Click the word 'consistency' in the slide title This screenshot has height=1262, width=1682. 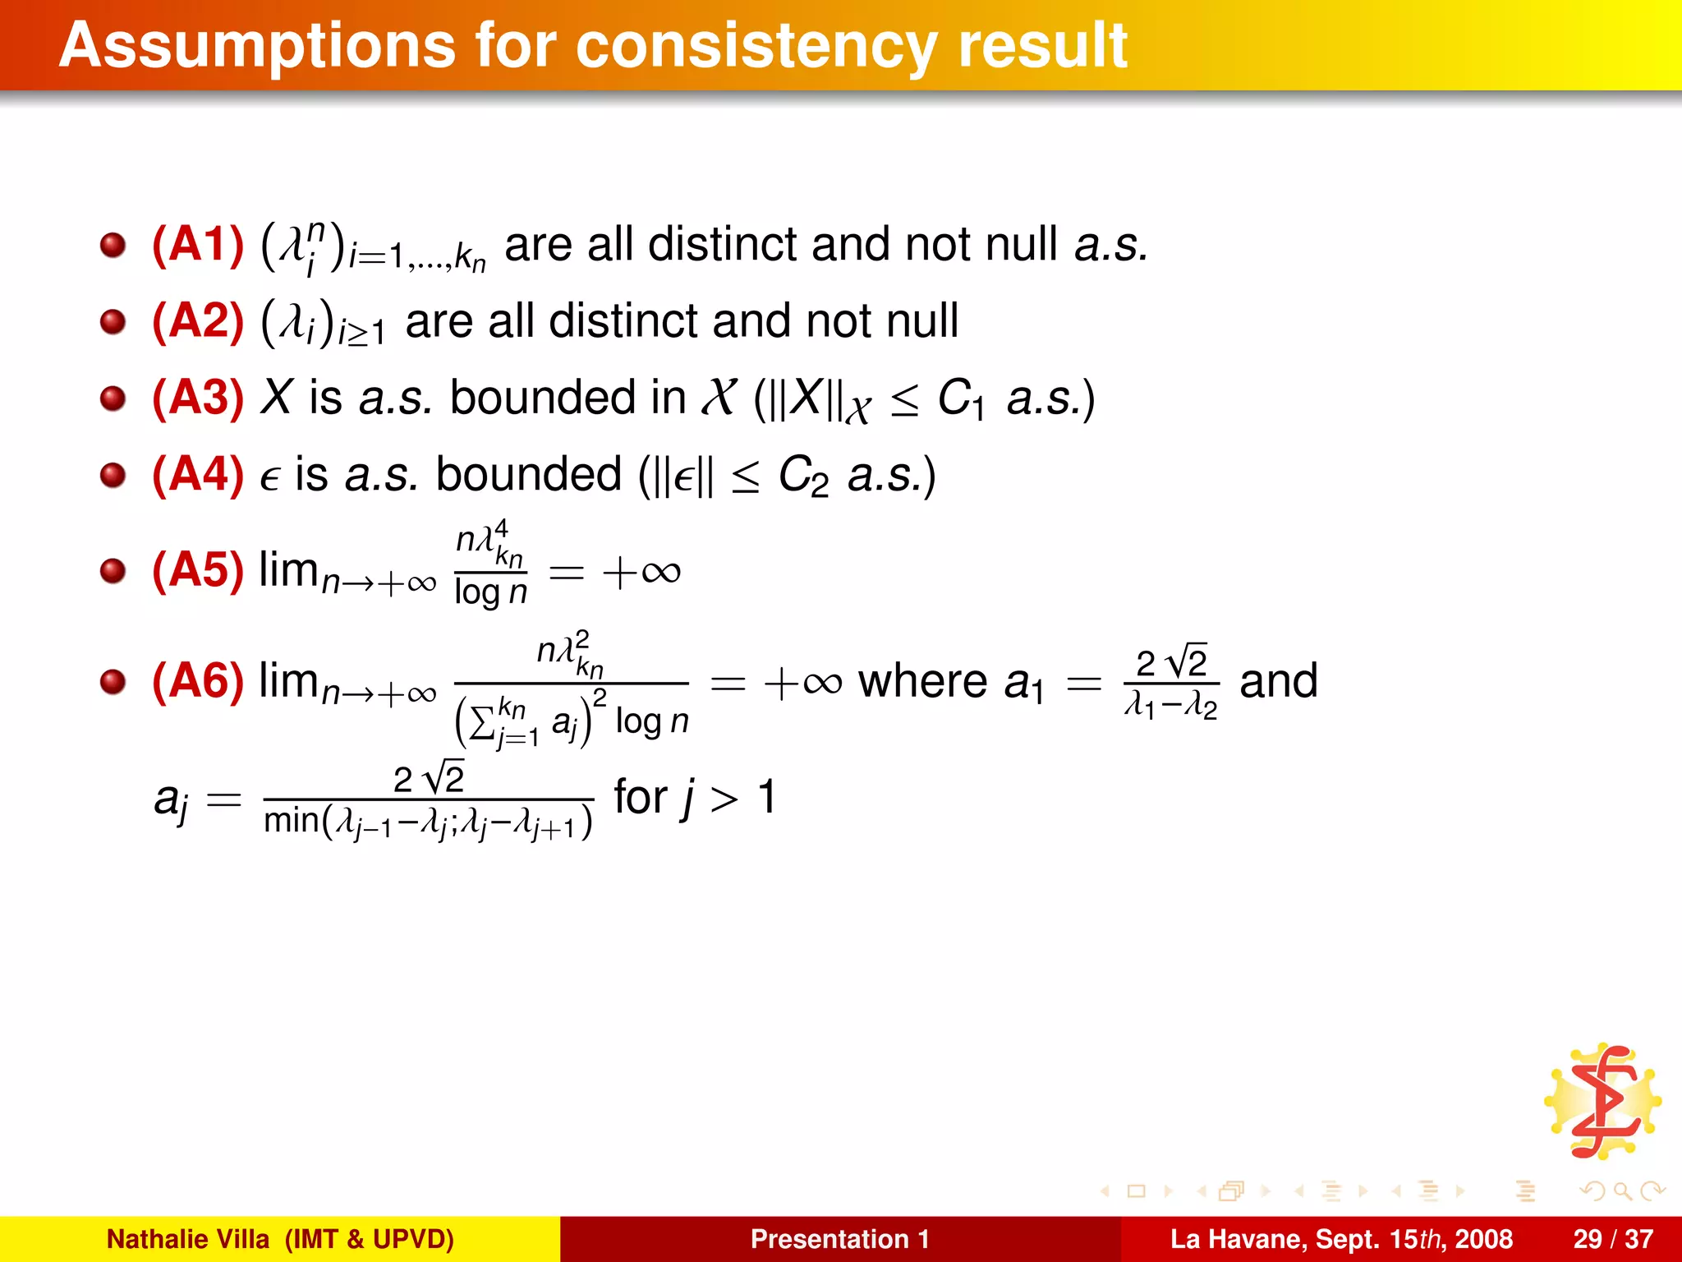[x=756, y=46]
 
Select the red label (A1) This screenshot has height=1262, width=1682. [x=198, y=244]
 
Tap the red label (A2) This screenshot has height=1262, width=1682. [x=198, y=320]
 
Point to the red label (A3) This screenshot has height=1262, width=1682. [x=198, y=398]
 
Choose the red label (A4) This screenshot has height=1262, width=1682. [x=198, y=474]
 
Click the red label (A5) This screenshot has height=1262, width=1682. [x=198, y=569]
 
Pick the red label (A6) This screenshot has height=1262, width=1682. [x=198, y=681]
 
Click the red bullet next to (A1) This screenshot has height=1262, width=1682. [x=113, y=245]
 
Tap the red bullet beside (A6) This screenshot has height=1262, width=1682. [x=113, y=682]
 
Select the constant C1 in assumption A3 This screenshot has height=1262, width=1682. [x=960, y=400]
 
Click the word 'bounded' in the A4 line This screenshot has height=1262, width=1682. [x=528, y=474]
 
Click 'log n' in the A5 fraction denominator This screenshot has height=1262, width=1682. [x=490, y=592]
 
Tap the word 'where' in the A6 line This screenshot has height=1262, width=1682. [x=922, y=681]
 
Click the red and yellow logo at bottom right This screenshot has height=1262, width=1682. [x=1602, y=1102]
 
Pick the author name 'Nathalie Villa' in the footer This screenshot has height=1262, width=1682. [x=188, y=1239]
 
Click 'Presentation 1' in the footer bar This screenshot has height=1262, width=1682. [x=840, y=1239]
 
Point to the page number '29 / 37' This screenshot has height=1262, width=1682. [x=1613, y=1239]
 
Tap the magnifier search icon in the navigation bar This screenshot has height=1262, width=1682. [x=1621, y=1191]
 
